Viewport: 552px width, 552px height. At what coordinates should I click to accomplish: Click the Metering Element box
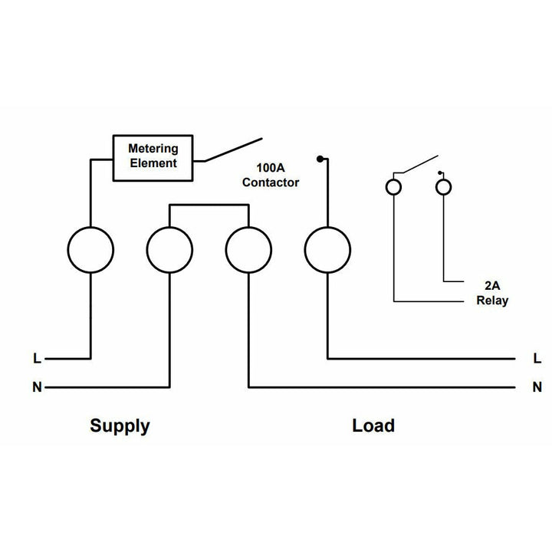coord(153,159)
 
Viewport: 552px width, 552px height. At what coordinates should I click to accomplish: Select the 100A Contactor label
coord(270,175)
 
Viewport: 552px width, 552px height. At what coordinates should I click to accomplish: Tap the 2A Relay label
coord(491,294)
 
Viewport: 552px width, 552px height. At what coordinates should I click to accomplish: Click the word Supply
coord(120,426)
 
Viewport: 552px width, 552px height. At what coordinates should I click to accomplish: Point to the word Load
coord(373,426)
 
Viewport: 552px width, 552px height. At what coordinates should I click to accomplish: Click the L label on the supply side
coord(37,358)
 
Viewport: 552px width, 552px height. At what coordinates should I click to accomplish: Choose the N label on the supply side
coord(37,387)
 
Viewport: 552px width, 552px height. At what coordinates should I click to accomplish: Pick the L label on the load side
coord(537,358)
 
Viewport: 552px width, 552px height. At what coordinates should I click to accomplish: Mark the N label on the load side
coord(537,387)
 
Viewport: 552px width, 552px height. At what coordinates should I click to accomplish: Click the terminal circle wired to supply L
coord(90,250)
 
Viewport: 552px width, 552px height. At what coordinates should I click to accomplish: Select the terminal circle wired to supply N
coord(169,250)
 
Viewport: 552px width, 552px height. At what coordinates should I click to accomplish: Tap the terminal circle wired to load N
coord(248,250)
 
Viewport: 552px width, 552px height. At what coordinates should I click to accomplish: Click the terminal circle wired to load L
coord(327,250)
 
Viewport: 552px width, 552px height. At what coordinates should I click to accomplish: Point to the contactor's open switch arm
coord(232,149)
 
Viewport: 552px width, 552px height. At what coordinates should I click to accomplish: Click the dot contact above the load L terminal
coord(319,159)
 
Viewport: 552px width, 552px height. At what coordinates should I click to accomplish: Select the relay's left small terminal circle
coord(393,187)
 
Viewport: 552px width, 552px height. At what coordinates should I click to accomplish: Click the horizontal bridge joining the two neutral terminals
coord(209,205)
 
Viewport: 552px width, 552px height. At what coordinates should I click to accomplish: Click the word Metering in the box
coord(153,149)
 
